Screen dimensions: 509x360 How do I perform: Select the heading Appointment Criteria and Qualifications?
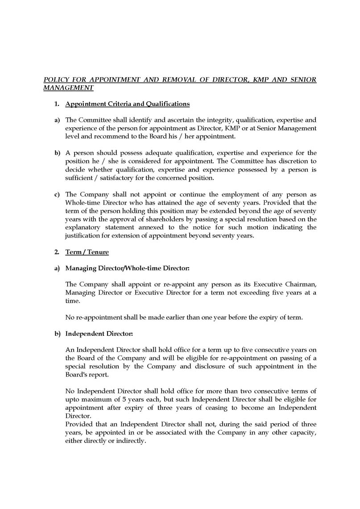(x=128, y=104)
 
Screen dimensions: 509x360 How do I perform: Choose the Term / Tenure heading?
(x=87, y=252)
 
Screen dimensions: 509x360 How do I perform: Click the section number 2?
(x=56, y=252)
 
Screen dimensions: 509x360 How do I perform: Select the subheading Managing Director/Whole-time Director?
(x=128, y=268)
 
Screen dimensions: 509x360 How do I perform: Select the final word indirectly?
(x=130, y=441)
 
